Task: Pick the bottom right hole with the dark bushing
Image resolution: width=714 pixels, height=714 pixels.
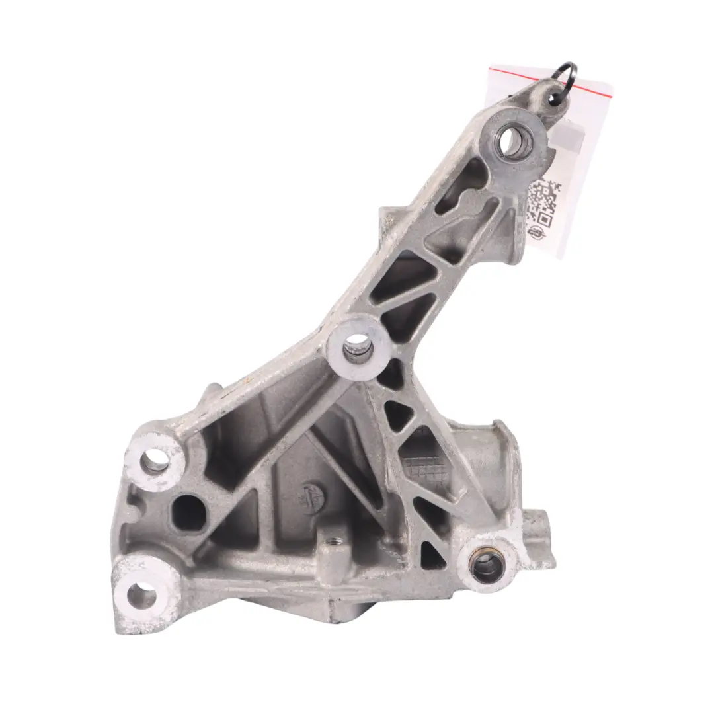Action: click(486, 566)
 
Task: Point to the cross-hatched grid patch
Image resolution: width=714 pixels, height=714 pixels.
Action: click(423, 467)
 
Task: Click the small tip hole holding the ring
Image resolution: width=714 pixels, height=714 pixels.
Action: click(552, 98)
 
